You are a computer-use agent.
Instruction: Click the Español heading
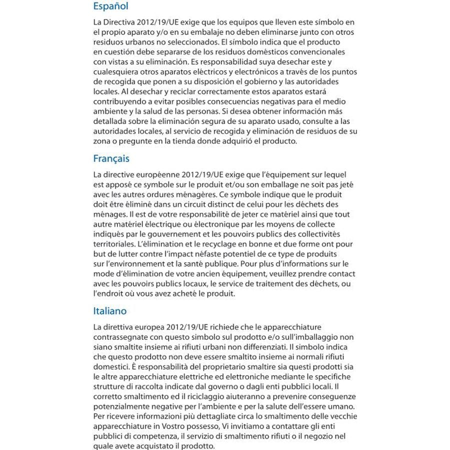pyautogui.click(x=110, y=6)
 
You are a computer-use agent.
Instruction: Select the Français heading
pyautogui.click(x=111, y=158)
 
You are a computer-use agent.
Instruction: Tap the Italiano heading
pyautogui.click(x=110, y=311)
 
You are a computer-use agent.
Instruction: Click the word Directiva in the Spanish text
pyautogui.click(x=119, y=22)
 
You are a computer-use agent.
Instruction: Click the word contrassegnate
pyautogui.click(x=118, y=337)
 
